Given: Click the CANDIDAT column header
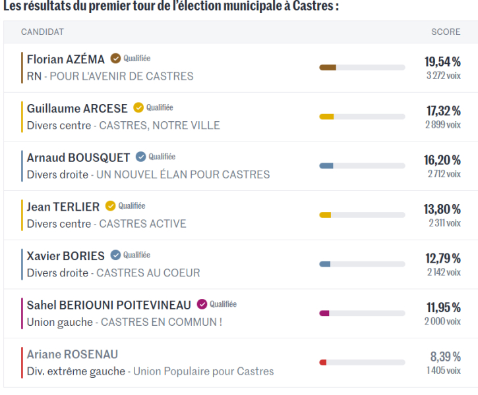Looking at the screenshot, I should point(42,32).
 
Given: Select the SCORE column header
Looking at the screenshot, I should point(446,32).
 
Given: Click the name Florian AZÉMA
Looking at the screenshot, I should point(66,59).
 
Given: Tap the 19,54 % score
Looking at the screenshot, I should point(442,62).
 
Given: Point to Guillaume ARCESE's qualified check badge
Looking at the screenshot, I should point(138,108).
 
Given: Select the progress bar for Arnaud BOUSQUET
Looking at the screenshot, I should point(362,166).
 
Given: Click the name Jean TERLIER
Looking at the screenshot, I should point(63,207).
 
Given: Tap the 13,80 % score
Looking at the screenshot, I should point(442,209).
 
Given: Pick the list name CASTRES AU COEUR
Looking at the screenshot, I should point(148,273).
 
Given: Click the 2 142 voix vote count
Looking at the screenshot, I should point(443,272).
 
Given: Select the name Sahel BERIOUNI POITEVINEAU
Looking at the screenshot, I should point(109,305).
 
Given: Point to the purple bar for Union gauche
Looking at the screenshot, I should point(324,313).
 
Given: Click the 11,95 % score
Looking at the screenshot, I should point(442,307).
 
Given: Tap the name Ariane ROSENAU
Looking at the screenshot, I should point(73,354).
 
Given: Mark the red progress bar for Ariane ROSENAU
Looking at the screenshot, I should point(323,362).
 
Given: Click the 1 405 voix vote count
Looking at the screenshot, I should point(443,371).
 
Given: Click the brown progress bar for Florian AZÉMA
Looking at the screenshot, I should point(328,67).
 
